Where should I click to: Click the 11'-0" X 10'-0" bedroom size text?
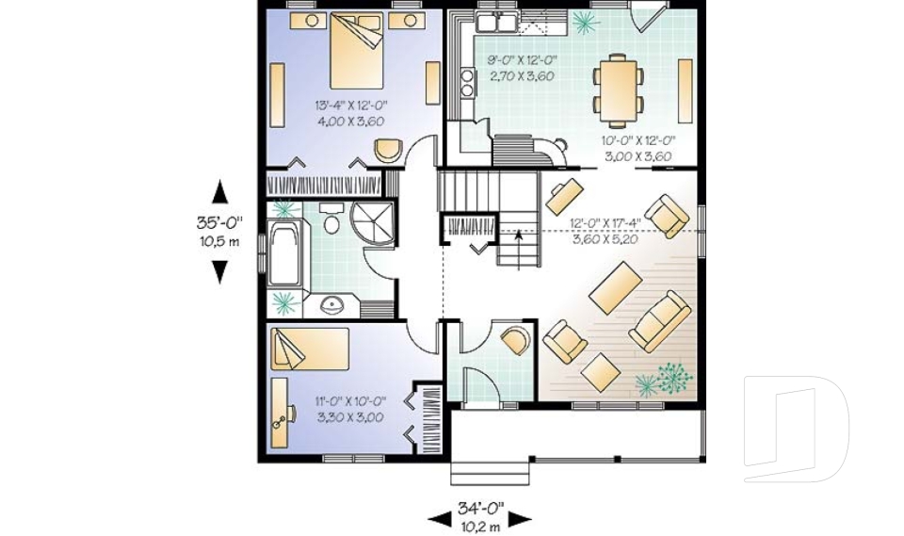tap(348, 410)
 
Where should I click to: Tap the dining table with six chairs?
tap(618, 90)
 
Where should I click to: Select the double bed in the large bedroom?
tap(355, 53)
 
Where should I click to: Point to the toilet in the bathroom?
tap(330, 220)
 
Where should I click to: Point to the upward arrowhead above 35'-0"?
tap(219, 191)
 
